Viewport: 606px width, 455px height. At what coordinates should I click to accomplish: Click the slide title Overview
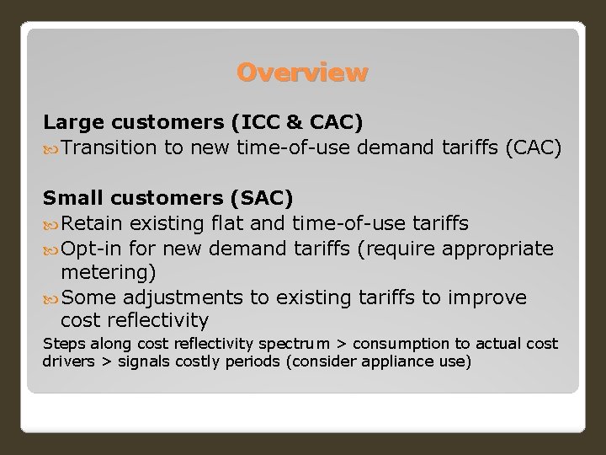(302, 73)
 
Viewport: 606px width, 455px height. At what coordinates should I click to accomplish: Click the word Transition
(109, 148)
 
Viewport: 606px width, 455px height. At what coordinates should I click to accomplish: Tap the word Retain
(91, 223)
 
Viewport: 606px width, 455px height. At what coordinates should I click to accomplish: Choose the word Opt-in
(91, 249)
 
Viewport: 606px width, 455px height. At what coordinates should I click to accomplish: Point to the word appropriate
(497, 249)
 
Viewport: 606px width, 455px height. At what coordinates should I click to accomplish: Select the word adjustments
(176, 298)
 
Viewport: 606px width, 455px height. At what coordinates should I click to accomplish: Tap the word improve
(487, 298)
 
